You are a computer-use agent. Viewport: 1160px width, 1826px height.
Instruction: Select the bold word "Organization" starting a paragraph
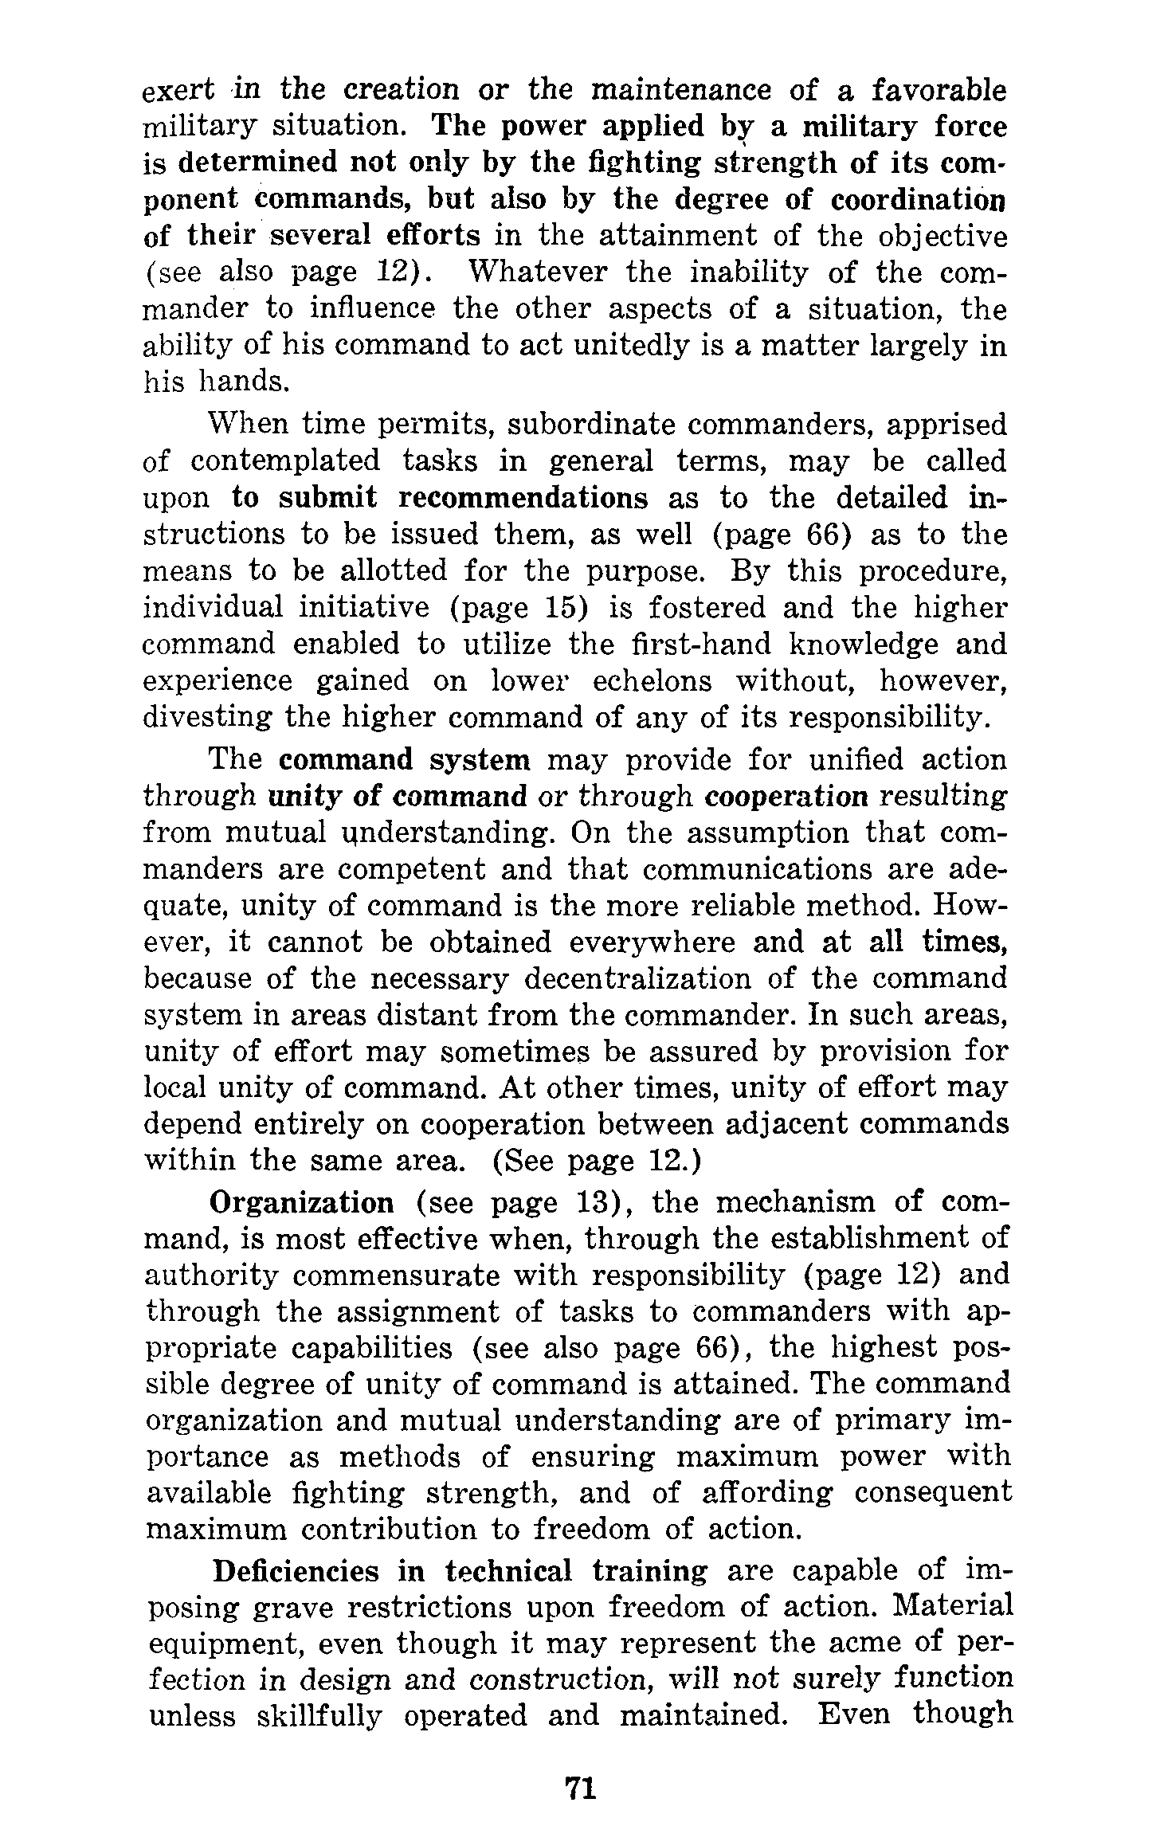[x=301, y=1201]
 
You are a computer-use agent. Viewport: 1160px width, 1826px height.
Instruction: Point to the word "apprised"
[x=946, y=425]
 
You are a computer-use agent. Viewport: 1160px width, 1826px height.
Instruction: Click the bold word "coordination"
[x=917, y=200]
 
